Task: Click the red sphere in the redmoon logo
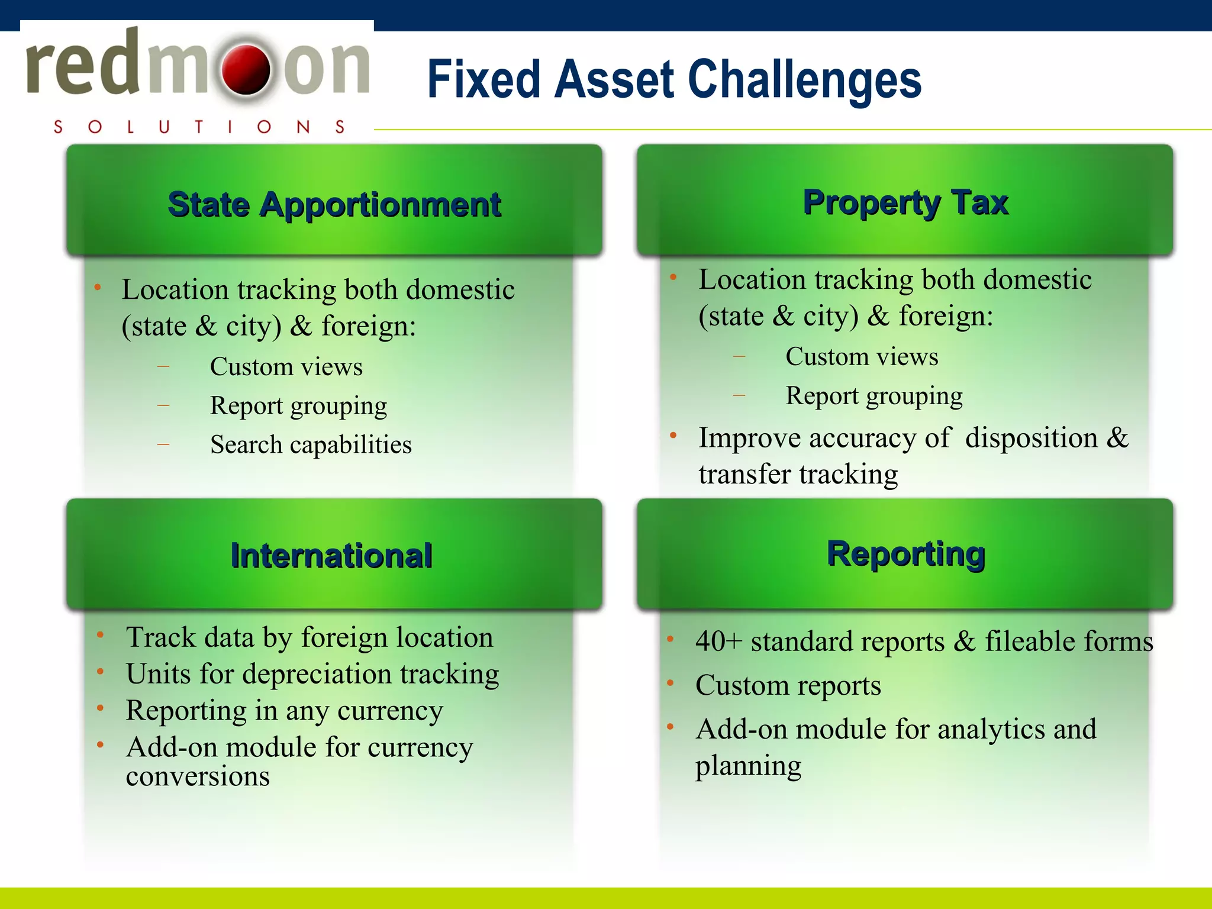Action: [246, 70]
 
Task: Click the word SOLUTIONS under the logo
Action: [199, 127]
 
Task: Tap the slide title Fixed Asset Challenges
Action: [674, 80]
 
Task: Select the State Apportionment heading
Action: [334, 205]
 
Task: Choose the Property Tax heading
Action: [905, 202]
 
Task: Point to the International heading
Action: [331, 556]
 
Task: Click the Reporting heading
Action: [905, 554]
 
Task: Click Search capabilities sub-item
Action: [311, 444]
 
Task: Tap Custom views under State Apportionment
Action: [286, 367]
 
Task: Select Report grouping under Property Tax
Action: [873, 396]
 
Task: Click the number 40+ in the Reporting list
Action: [718, 642]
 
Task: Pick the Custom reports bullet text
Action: [788, 685]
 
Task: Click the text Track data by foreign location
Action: [310, 637]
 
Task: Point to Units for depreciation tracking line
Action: [312, 674]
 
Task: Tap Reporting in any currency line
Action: [284, 710]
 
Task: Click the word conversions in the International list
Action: [198, 776]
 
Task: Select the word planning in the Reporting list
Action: [748, 766]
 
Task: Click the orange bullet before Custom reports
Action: [671, 684]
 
